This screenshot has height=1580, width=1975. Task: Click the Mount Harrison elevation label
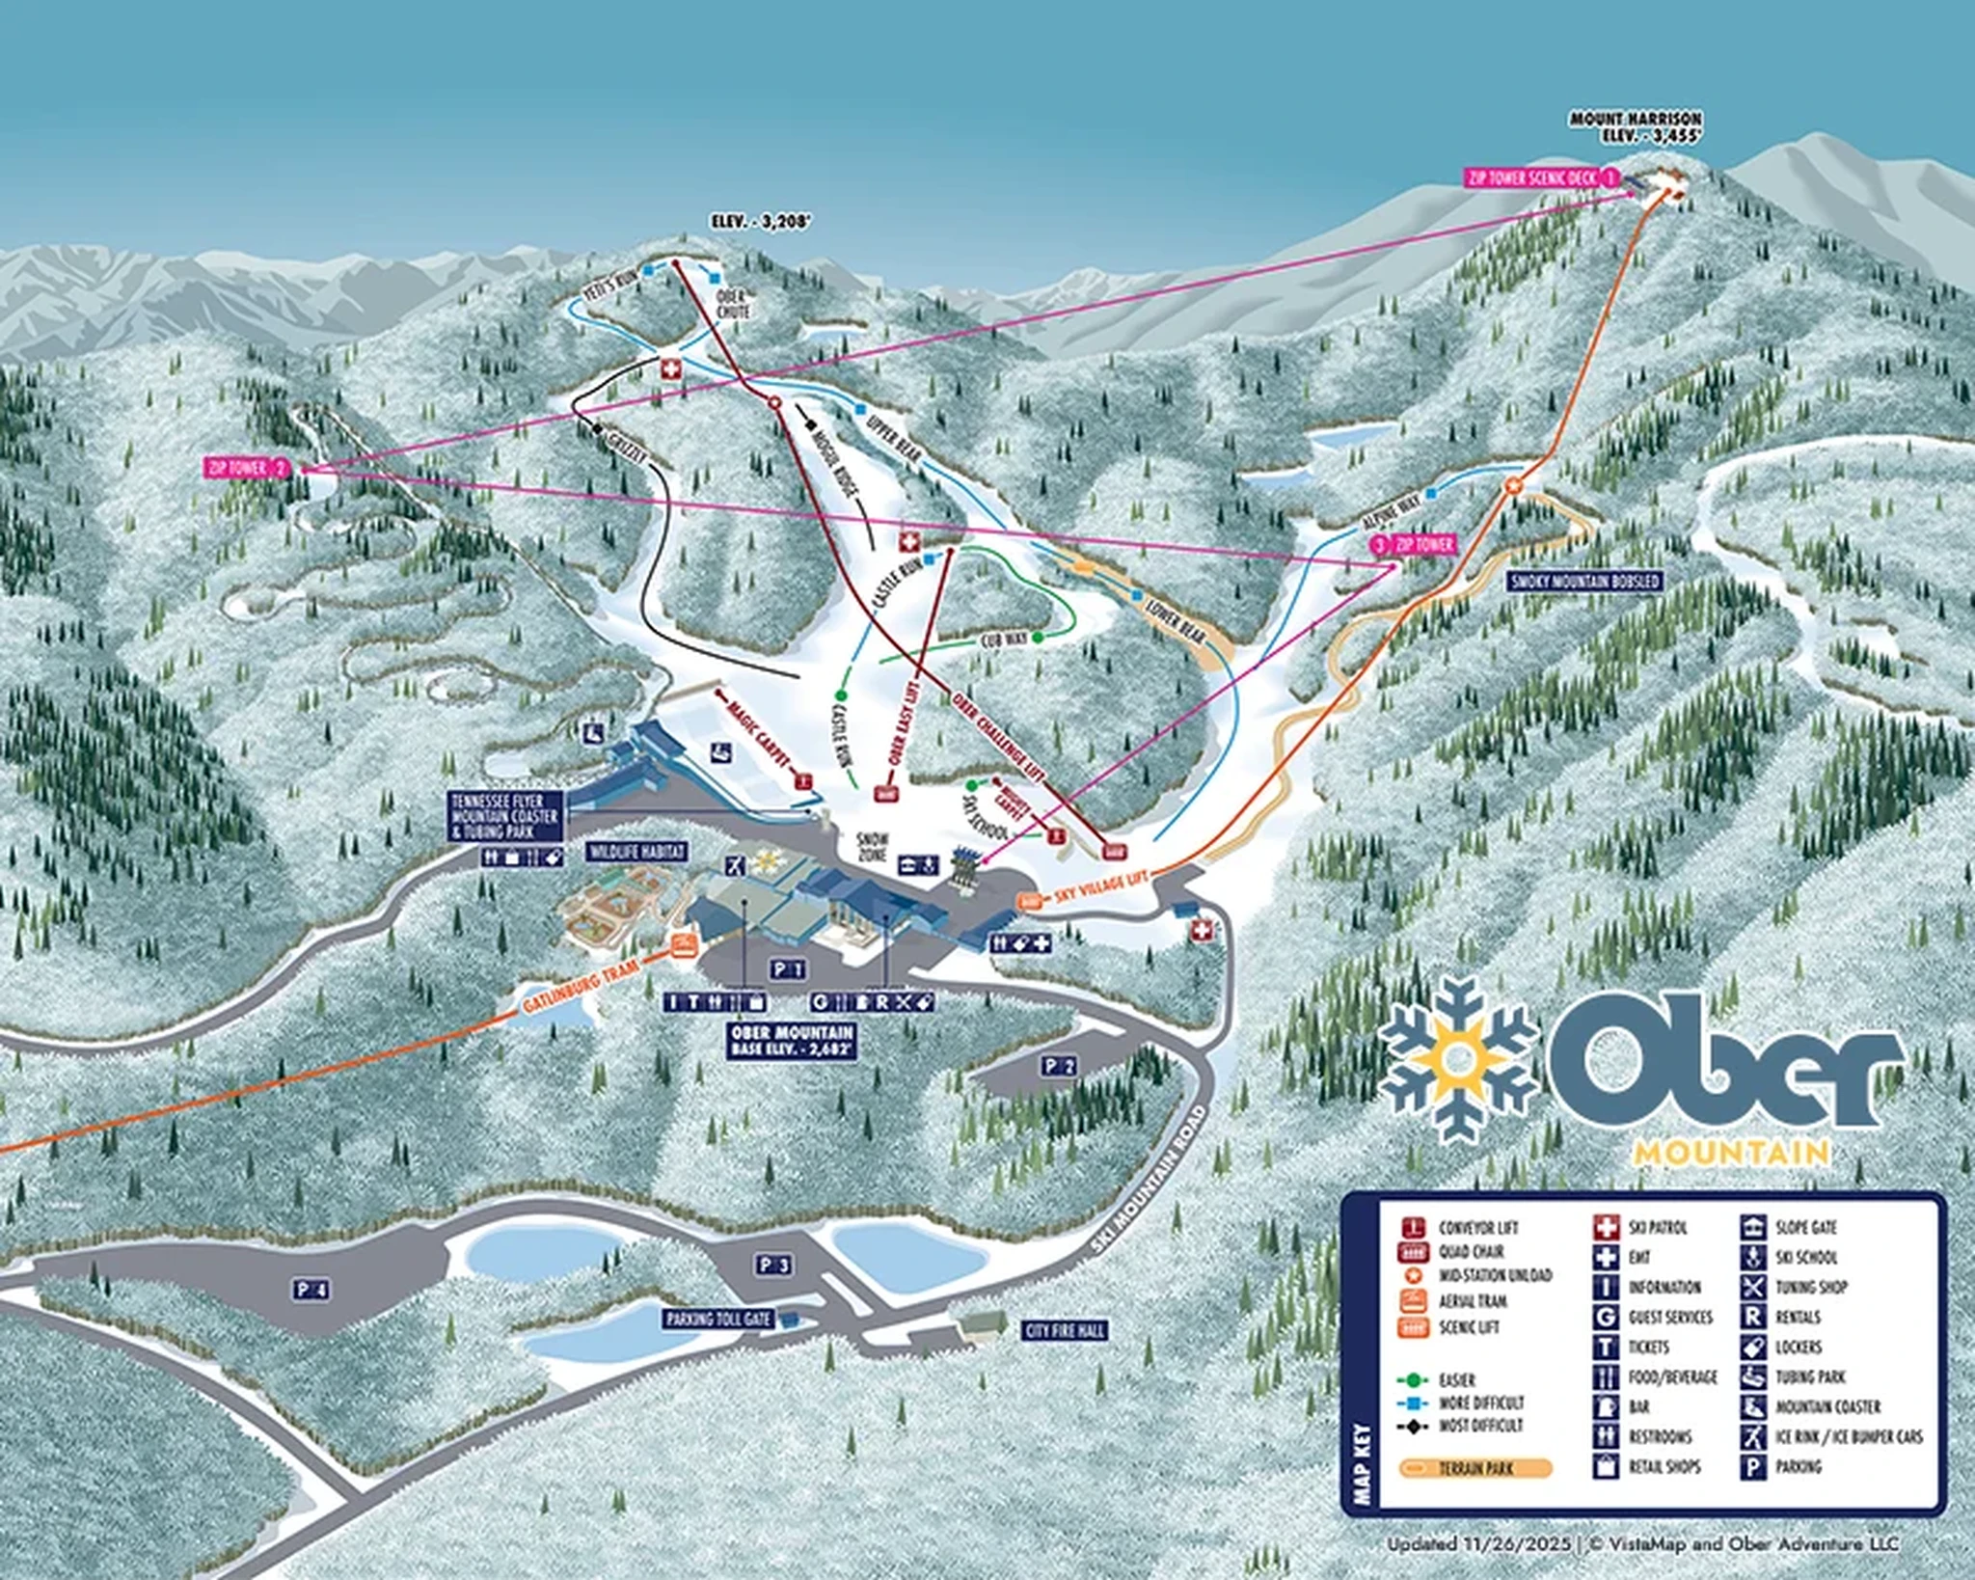tap(1636, 127)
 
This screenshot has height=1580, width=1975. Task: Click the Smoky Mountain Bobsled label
tap(1585, 582)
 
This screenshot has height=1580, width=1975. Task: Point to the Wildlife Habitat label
tap(636, 852)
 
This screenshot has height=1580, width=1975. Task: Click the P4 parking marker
tap(312, 1290)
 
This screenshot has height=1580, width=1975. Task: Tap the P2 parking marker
tap(1058, 1066)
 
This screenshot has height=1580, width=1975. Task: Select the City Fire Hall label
tap(1065, 1331)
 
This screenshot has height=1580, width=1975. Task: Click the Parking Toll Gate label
tap(718, 1319)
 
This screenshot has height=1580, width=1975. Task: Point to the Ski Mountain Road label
tap(1150, 1180)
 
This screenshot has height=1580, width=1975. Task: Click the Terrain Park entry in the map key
tap(1475, 1468)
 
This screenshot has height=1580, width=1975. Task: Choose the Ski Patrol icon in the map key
tap(1606, 1228)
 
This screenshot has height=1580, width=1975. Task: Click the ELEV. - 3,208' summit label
tap(761, 222)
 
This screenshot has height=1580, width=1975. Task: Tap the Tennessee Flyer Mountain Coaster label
tap(504, 816)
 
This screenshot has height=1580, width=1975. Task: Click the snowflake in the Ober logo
tap(1459, 1060)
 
